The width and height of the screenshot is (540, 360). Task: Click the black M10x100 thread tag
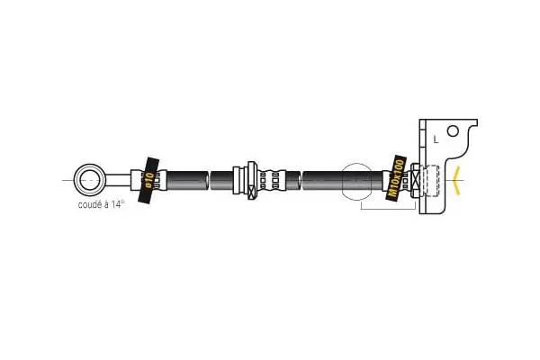(x=395, y=180)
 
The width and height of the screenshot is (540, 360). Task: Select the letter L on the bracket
(x=436, y=139)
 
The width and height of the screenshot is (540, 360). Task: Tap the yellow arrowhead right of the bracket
(x=461, y=181)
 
